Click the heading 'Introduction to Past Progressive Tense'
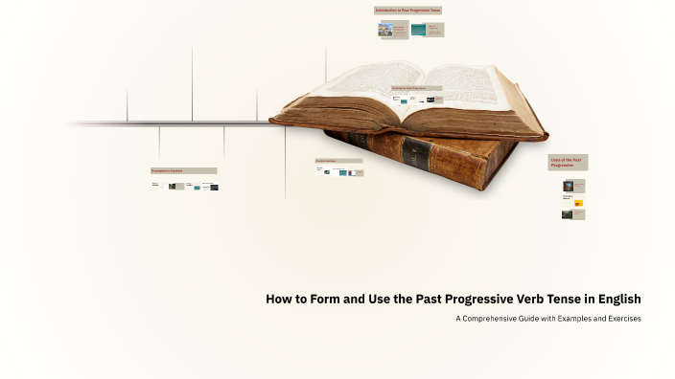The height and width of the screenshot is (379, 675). (x=407, y=11)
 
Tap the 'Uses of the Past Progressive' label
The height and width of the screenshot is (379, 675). (x=568, y=163)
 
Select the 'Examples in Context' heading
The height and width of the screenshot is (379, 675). (x=182, y=170)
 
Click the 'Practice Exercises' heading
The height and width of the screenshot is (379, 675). (x=338, y=161)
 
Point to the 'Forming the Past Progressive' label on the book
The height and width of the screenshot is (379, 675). (x=409, y=88)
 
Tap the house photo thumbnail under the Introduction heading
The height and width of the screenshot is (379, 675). (x=386, y=30)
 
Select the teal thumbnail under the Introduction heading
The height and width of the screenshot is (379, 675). (x=418, y=30)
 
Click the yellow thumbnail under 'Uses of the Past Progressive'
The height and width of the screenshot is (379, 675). (x=579, y=203)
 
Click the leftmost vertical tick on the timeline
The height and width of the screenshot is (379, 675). (x=128, y=106)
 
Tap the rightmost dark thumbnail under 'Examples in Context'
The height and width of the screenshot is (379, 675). (x=214, y=187)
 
